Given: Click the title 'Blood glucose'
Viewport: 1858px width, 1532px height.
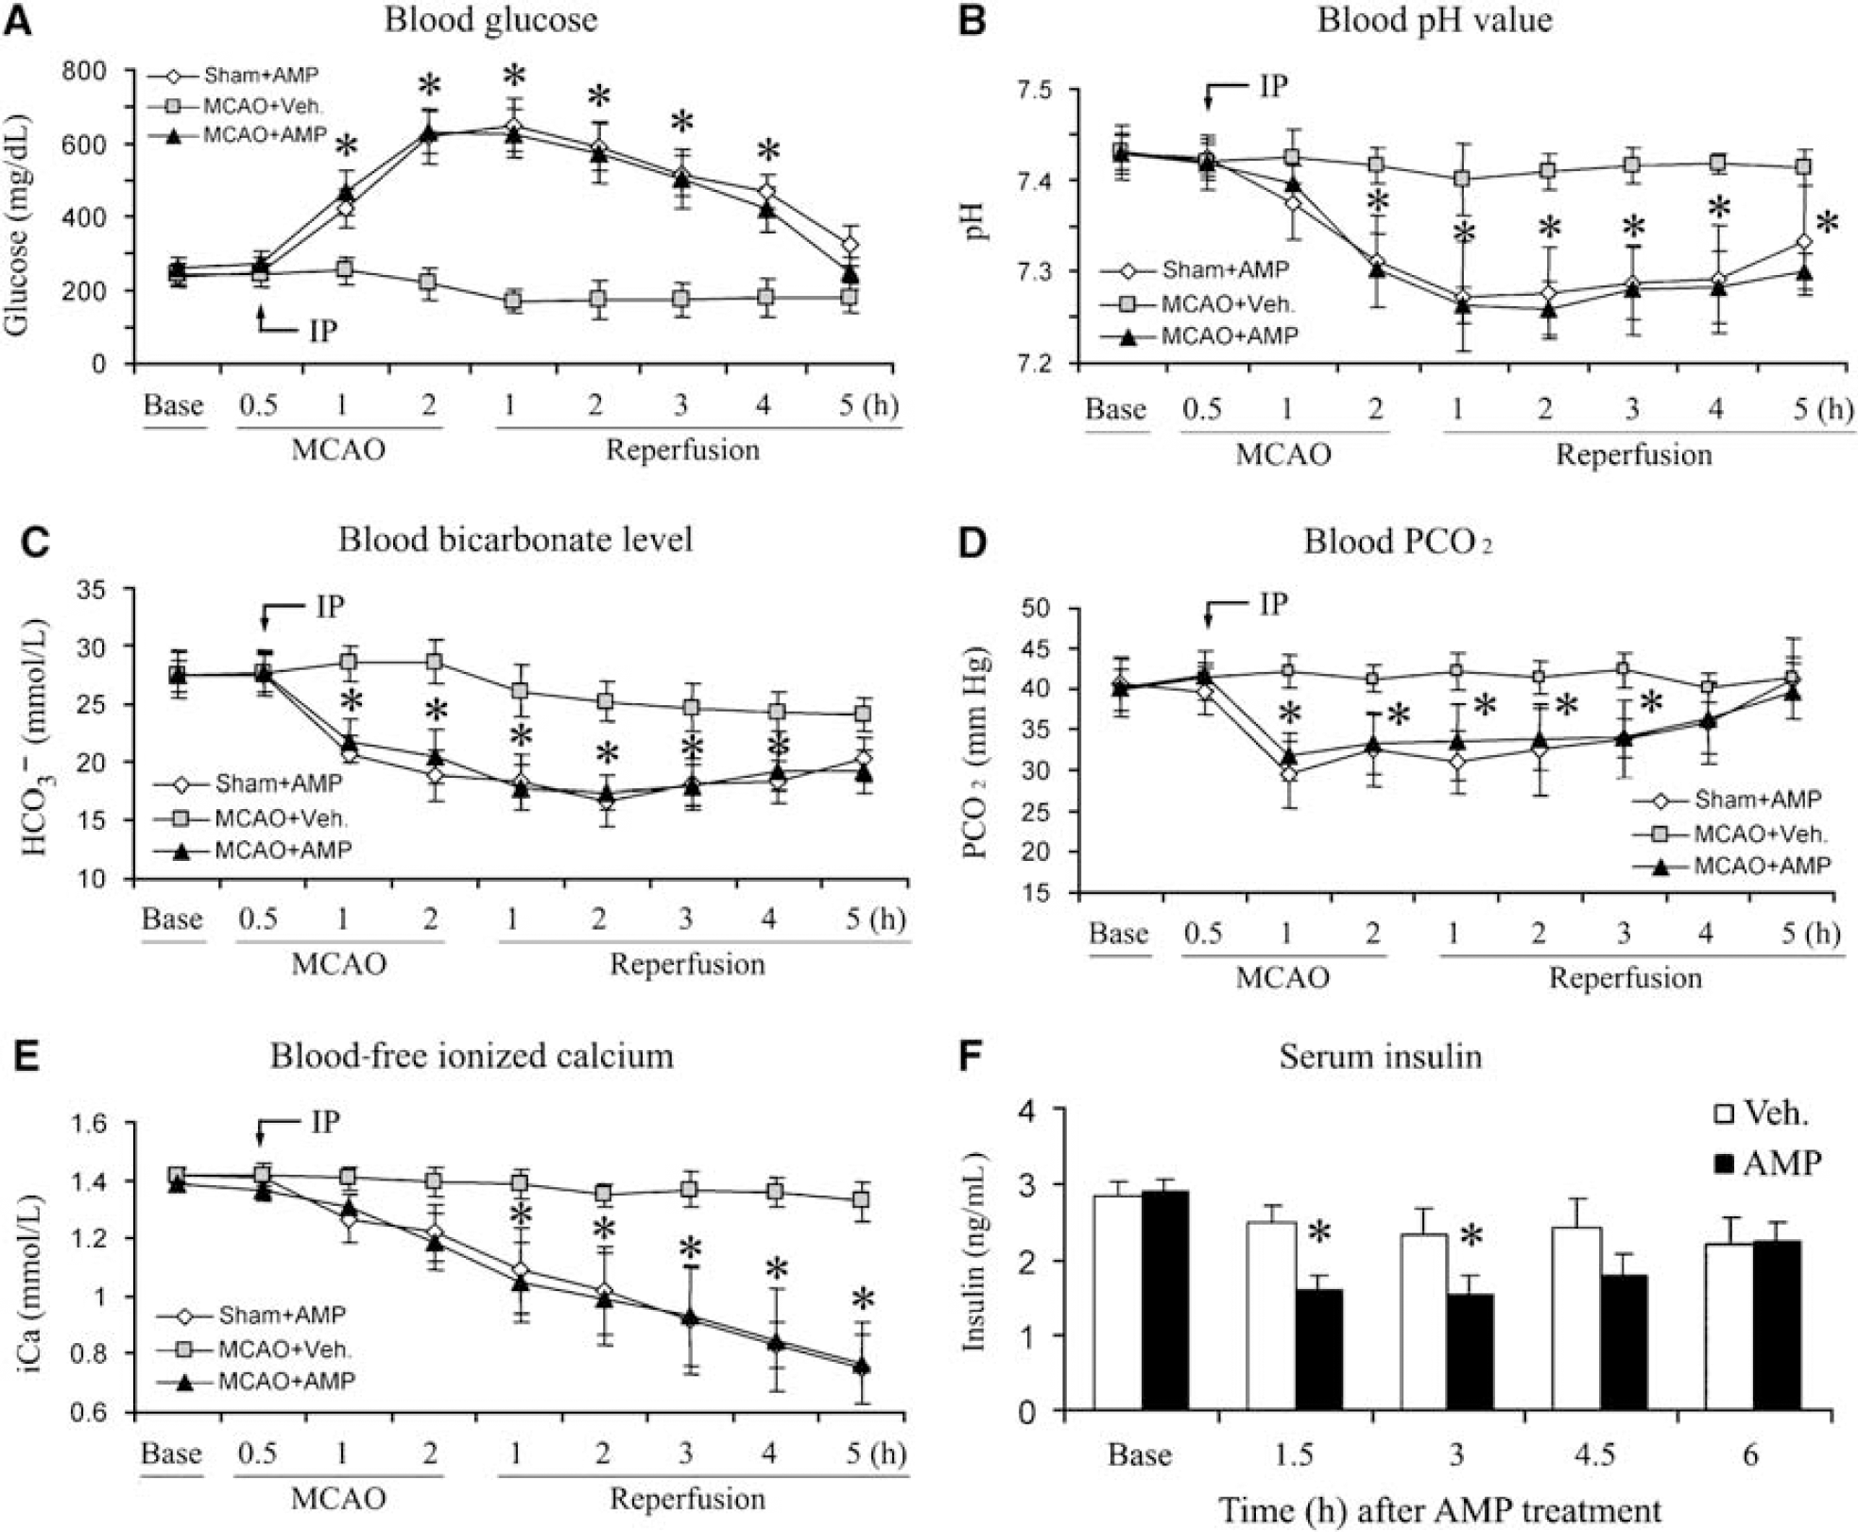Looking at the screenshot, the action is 490,20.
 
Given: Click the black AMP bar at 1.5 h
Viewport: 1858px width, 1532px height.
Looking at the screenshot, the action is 1318,1351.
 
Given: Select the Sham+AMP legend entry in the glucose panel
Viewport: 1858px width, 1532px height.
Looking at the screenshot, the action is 235,75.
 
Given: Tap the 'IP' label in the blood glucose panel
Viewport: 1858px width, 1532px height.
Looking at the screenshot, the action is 323,331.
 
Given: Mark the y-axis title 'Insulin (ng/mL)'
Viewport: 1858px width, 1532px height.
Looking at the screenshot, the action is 974,1252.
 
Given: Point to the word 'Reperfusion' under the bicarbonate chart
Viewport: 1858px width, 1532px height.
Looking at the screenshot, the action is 687,965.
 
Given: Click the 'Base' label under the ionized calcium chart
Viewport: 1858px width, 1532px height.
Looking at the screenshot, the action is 171,1452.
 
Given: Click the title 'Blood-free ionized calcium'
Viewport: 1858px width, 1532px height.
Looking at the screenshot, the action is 472,1056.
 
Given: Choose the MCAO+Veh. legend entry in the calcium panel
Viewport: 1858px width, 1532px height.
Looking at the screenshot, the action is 253,1349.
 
